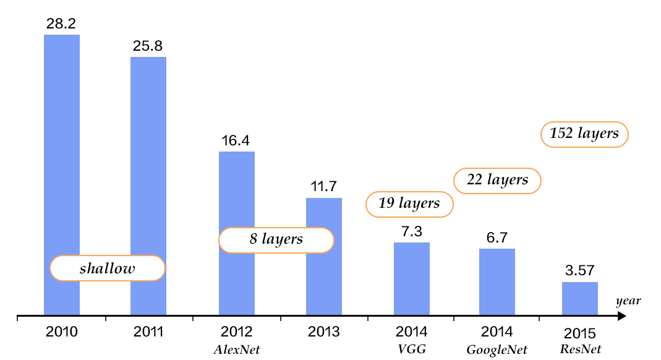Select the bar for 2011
[148, 155]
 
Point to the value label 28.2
[62, 24]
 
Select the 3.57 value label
[580, 271]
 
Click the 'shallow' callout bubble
[107, 268]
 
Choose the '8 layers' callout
[276, 239]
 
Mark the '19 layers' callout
[409, 204]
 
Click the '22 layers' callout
[497, 180]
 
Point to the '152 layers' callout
[584, 134]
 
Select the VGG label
[412, 349]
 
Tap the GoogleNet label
[497, 350]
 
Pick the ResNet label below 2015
[580, 349]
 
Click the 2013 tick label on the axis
[324, 332]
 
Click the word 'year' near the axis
[628, 301]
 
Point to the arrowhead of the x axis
[622, 317]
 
